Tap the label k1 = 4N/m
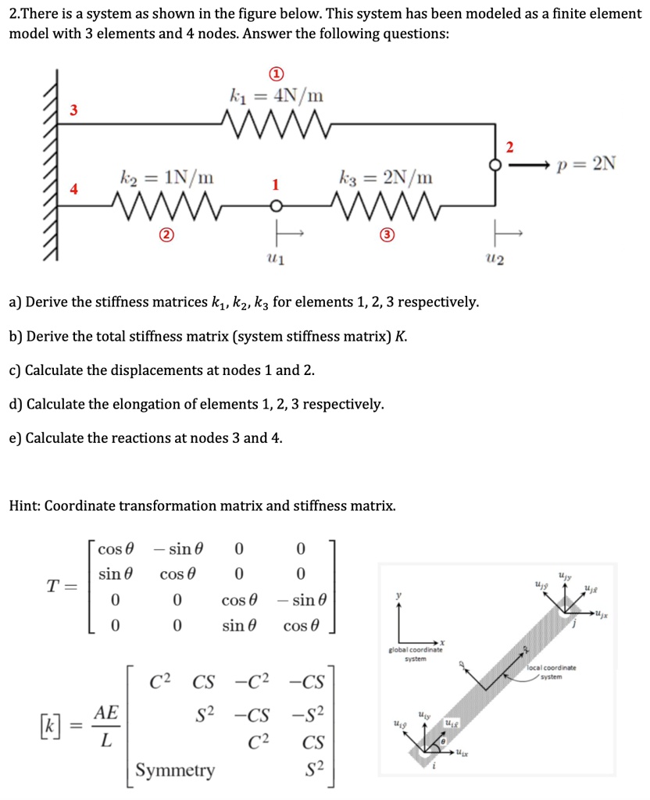276,97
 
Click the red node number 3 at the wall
73,110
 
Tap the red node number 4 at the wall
73,188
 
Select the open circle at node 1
274,206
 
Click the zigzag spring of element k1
277,122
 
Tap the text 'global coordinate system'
415,654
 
